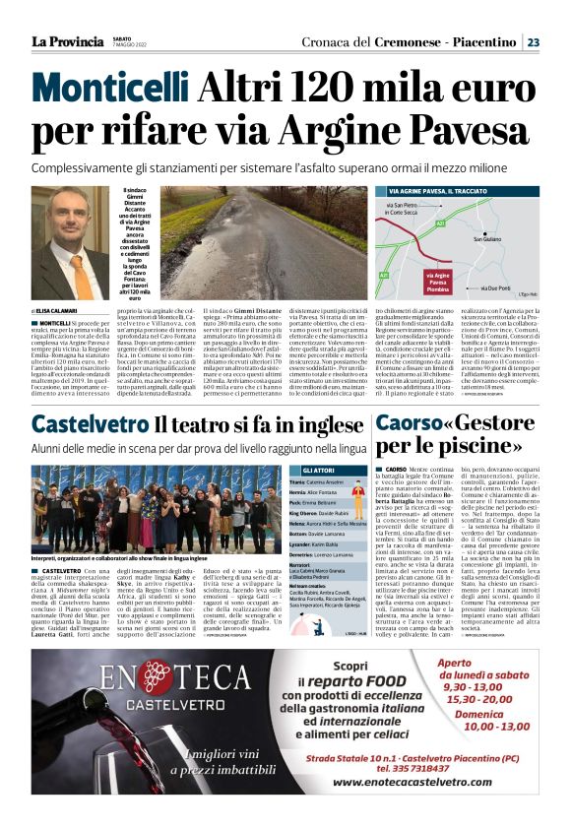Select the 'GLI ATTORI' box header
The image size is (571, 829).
[x=326, y=471]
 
